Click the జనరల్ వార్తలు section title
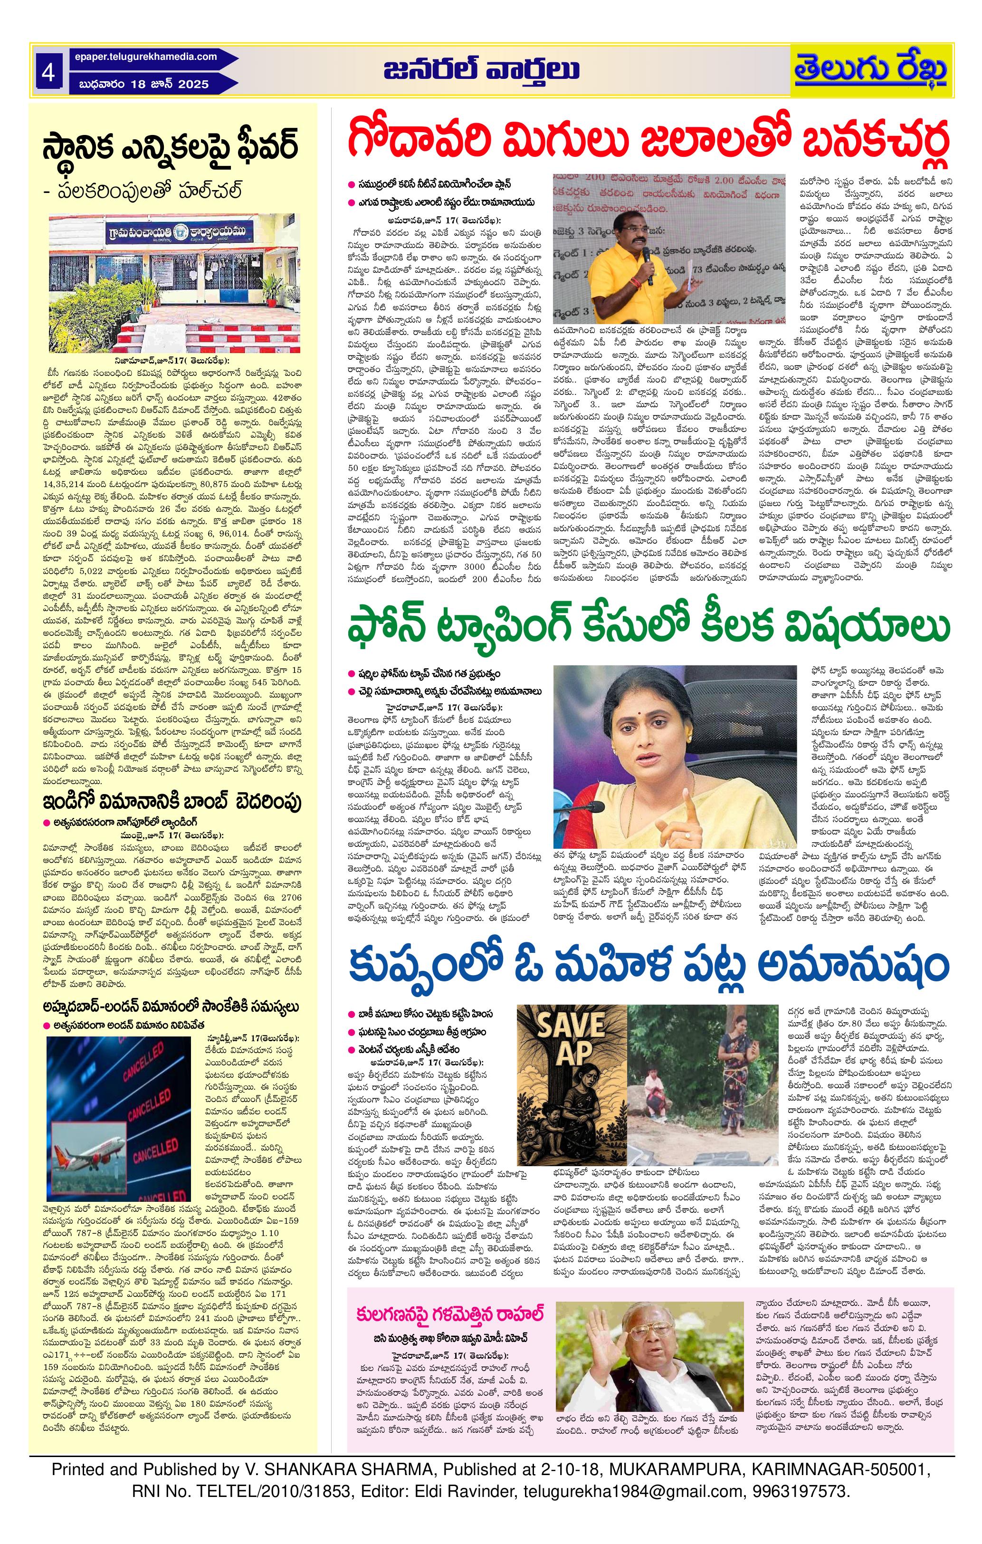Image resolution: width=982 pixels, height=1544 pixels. click(x=481, y=70)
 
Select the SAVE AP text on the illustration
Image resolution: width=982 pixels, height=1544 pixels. click(x=572, y=1043)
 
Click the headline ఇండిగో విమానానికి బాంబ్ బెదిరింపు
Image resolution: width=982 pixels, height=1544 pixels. click(x=172, y=802)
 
